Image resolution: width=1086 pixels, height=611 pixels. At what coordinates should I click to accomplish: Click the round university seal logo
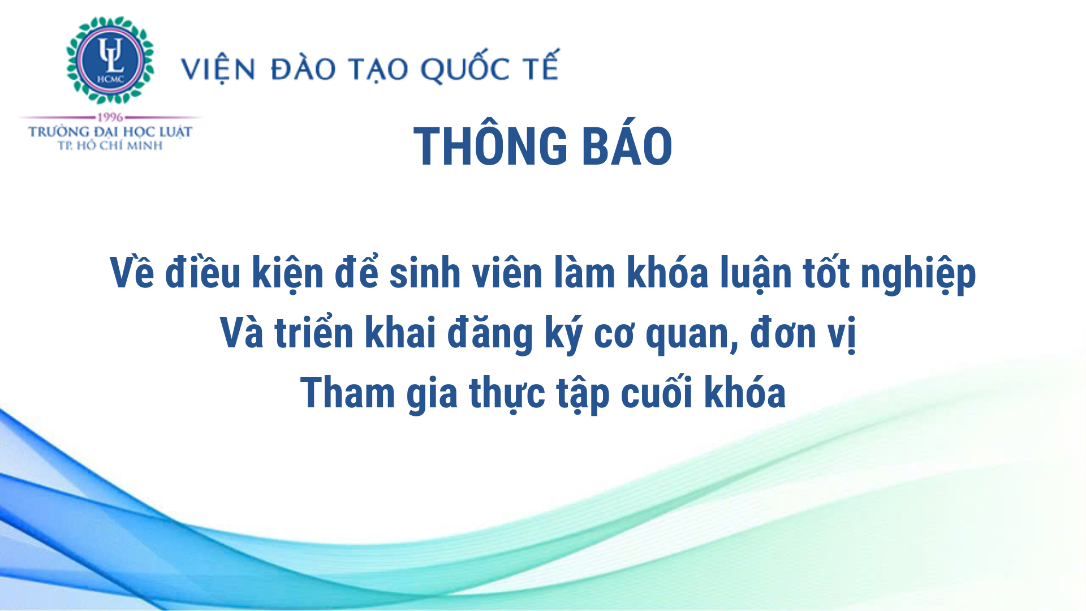pyautogui.click(x=110, y=60)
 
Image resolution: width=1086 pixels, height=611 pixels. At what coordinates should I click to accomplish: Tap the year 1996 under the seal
pyautogui.click(x=110, y=117)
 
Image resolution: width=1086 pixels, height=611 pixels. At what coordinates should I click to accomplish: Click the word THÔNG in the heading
pyautogui.click(x=490, y=146)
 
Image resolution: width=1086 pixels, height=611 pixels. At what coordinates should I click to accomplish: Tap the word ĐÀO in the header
pyautogui.click(x=304, y=69)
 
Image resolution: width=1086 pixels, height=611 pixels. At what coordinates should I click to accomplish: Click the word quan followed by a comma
pyautogui.click(x=692, y=335)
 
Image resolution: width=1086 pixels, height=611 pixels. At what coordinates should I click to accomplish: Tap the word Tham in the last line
pyautogui.click(x=347, y=393)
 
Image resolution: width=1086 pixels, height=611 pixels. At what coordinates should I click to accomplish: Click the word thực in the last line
pyautogui.click(x=507, y=394)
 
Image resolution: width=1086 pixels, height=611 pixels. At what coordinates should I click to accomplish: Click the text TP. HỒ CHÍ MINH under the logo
pyautogui.click(x=110, y=145)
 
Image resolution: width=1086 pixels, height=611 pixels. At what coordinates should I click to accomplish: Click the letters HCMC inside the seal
pyautogui.click(x=110, y=79)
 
